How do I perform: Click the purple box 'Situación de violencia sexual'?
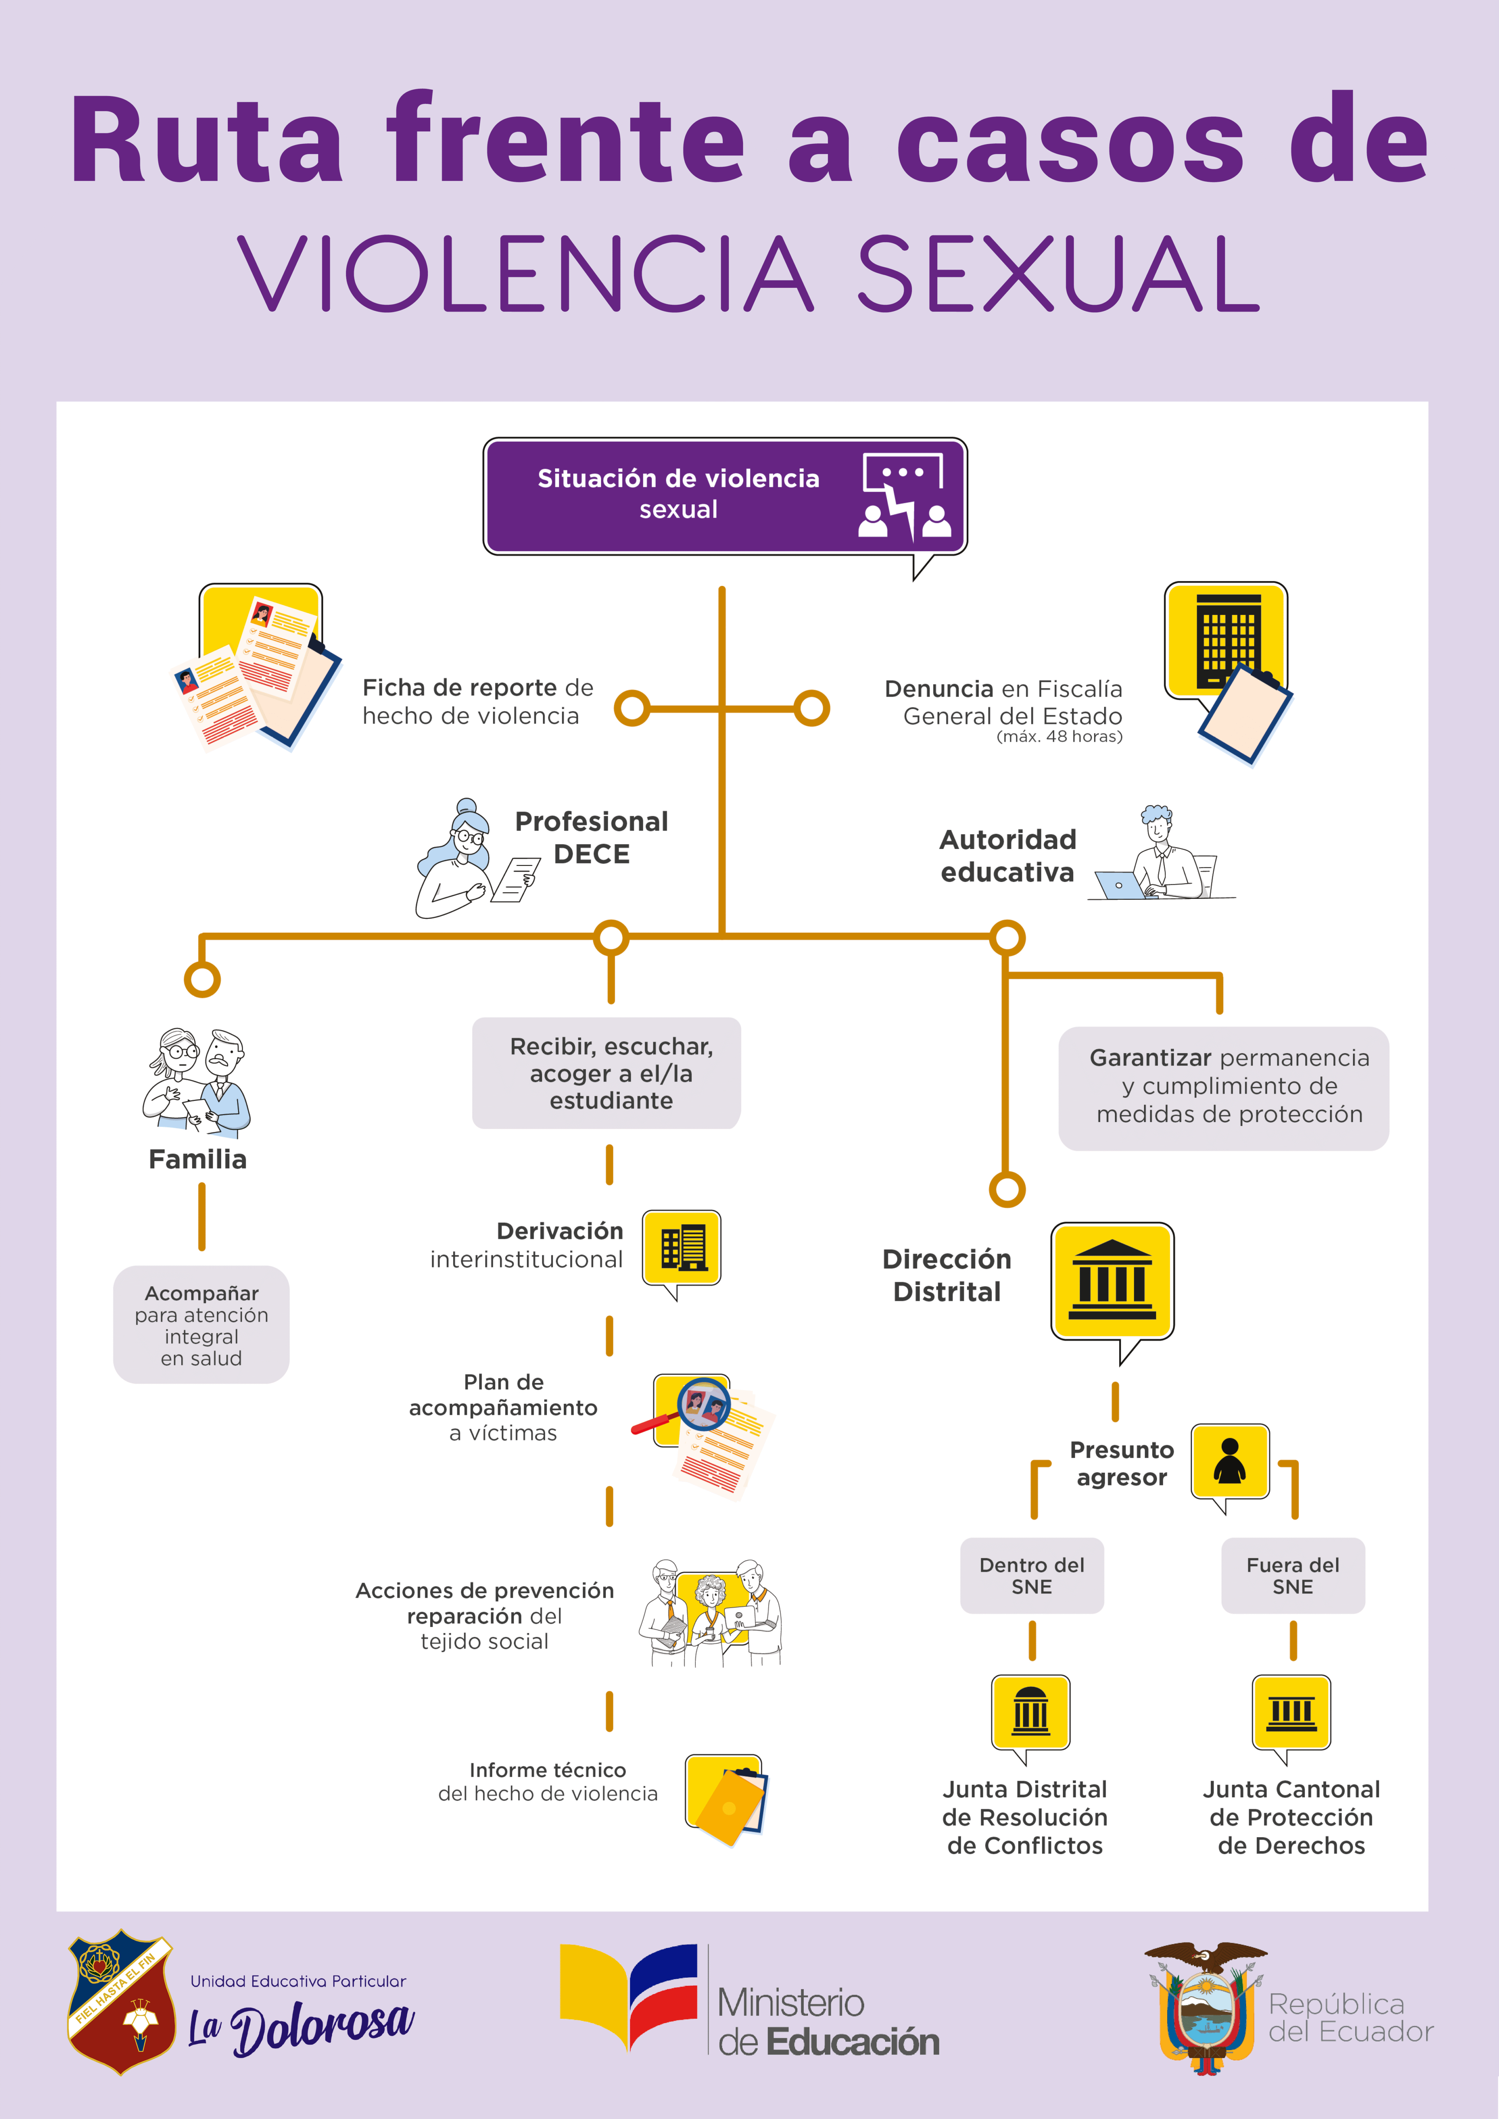pyautogui.click(x=725, y=495)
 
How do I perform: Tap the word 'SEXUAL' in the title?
pyautogui.click(x=1059, y=274)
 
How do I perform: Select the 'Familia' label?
pyautogui.click(x=197, y=1159)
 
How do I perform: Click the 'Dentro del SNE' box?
pyautogui.click(x=1032, y=1575)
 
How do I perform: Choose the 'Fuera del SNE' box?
pyautogui.click(x=1293, y=1575)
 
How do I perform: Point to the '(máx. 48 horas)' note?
pyautogui.click(x=1060, y=736)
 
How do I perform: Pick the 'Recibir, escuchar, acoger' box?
pyautogui.click(x=607, y=1073)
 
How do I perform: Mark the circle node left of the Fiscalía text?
pyautogui.click(x=812, y=709)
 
